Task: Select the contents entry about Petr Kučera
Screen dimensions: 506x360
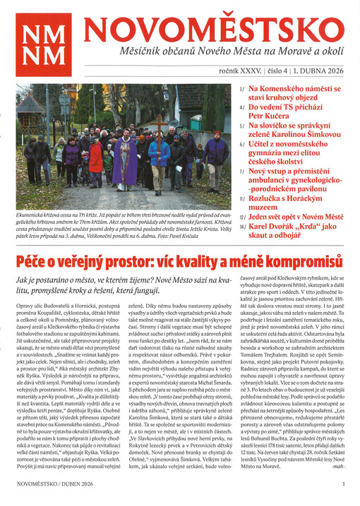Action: [282, 116]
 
